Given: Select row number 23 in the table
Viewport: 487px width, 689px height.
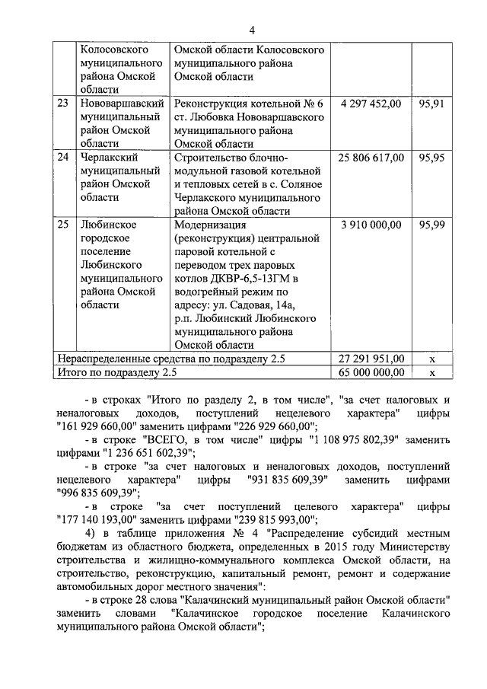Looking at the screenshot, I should (x=64, y=103).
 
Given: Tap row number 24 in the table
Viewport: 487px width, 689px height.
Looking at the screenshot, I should (x=64, y=158).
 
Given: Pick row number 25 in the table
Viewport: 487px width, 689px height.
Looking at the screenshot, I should (x=64, y=225).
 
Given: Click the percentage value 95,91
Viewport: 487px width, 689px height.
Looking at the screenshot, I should (x=431, y=103).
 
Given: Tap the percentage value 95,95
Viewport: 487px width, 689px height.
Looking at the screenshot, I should (x=431, y=158).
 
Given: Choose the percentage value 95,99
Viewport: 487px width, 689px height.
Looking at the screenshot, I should (x=431, y=225).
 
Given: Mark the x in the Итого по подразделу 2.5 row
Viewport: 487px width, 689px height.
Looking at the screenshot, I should (x=431, y=373).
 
